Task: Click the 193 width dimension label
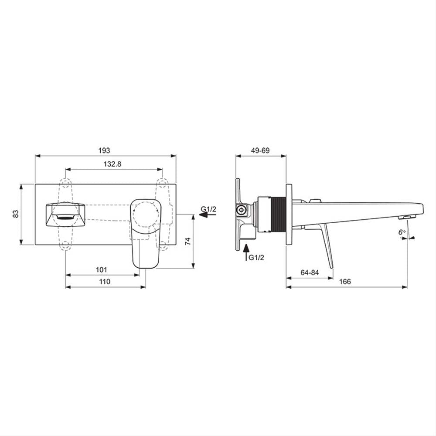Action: [104, 150]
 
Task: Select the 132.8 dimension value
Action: [112, 164]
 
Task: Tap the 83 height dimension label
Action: [16, 214]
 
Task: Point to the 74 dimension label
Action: [188, 241]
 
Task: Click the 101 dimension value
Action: [101, 270]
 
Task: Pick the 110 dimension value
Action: [105, 282]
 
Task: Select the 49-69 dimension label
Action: [260, 150]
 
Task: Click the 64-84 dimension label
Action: [310, 272]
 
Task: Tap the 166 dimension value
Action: [345, 282]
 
